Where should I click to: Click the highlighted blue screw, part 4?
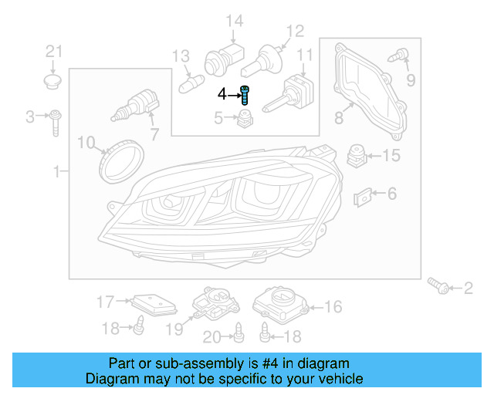[x=245, y=96]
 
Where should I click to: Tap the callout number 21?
[x=52, y=52]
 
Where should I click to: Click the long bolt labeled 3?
[x=56, y=121]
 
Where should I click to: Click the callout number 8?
[x=338, y=118]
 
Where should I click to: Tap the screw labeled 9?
[x=401, y=56]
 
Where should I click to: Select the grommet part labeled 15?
[x=356, y=155]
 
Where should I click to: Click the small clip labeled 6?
[x=363, y=197]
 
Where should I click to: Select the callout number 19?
[x=174, y=329]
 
